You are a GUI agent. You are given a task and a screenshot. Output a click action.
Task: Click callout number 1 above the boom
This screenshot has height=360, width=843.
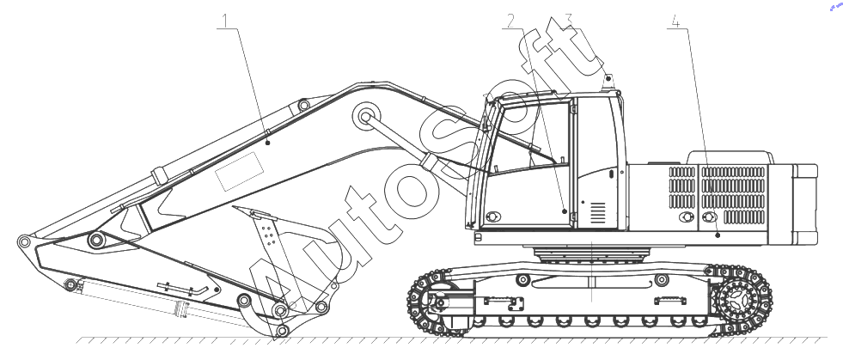tap(226, 21)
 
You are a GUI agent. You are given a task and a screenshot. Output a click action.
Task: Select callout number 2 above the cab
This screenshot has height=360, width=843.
tap(510, 21)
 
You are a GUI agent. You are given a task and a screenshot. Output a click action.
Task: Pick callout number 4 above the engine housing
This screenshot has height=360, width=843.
tap(675, 21)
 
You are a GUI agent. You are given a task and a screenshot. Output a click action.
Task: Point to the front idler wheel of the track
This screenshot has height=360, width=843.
tap(437, 302)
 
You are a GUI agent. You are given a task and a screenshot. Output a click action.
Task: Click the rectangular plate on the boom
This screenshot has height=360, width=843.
tap(239, 171)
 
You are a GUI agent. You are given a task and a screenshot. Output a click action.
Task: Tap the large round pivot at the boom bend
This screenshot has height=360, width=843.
tap(367, 115)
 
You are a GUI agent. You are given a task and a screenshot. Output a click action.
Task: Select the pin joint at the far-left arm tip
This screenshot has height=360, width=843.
tap(24, 241)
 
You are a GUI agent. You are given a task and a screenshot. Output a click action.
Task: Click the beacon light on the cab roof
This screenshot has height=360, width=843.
tap(608, 82)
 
